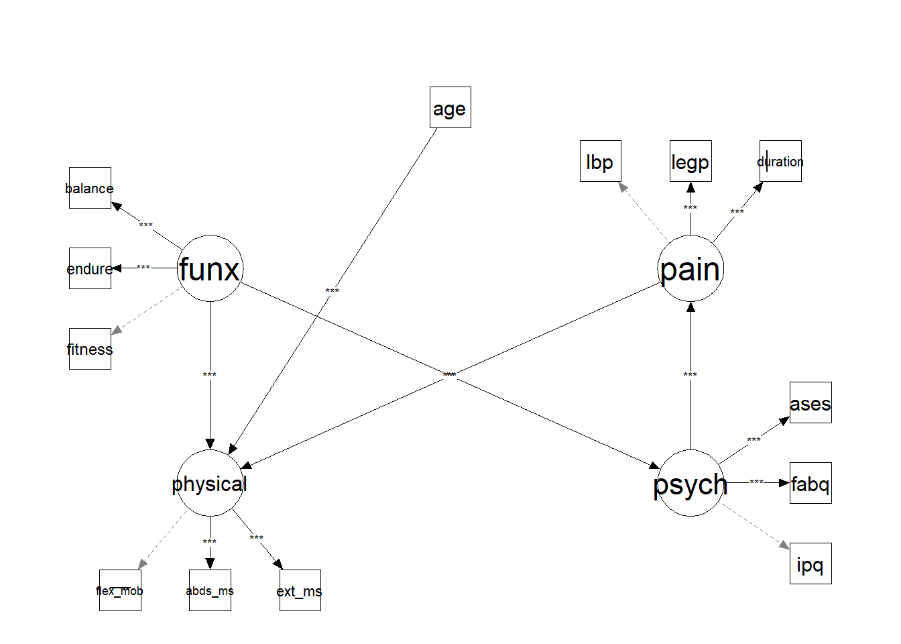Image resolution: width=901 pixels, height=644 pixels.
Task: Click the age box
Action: point(450,107)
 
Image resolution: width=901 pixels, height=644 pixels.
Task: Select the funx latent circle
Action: point(210,268)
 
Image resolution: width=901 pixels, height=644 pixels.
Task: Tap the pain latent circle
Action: point(690,268)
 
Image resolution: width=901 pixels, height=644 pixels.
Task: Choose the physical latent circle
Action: point(210,483)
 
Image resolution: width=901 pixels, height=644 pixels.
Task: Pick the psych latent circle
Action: point(690,483)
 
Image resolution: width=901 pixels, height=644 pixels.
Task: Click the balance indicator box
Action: point(90,188)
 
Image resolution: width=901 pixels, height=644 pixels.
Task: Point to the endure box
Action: point(90,268)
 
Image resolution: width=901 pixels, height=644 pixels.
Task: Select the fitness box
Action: point(90,349)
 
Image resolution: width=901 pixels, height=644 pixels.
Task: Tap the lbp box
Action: point(600,161)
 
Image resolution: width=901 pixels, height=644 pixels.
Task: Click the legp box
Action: point(690,161)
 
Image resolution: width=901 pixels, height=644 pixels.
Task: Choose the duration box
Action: point(780,161)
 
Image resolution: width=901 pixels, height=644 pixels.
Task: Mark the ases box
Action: point(810,402)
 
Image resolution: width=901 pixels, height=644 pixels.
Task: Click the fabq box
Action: point(810,483)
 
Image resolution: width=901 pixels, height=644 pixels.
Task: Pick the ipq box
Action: point(810,563)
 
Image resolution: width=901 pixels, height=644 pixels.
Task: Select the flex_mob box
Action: point(120,590)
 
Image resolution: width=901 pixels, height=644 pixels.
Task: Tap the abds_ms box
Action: point(210,590)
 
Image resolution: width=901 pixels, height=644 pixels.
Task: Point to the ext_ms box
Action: point(300,590)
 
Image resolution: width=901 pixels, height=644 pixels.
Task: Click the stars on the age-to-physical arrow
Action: point(332,291)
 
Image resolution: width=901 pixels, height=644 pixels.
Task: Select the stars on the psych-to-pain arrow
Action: point(690,375)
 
